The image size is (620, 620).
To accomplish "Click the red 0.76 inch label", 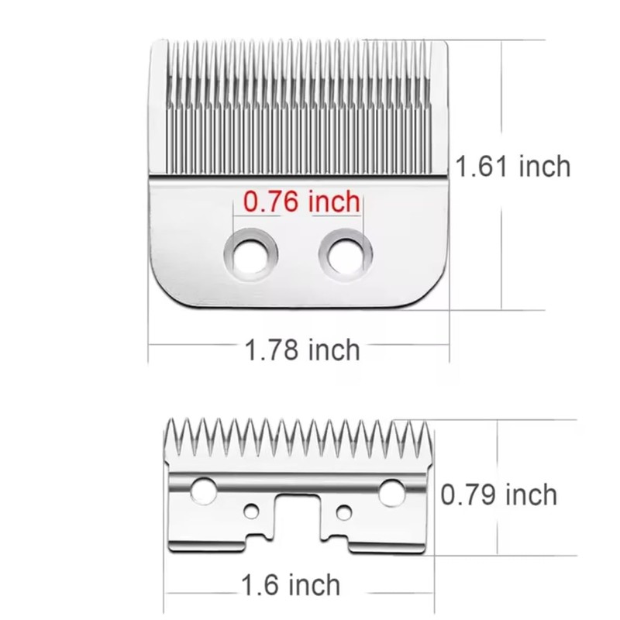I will (301, 202).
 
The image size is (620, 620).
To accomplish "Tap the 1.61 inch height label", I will (512, 167).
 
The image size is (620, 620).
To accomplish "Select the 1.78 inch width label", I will (302, 350).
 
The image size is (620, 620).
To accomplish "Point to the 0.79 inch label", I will (498, 494).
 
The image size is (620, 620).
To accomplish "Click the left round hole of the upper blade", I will (250, 254).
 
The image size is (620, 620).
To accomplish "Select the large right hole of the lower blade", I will (392, 489).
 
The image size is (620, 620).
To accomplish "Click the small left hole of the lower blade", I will (250, 511).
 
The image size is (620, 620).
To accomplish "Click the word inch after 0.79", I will (529, 494).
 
